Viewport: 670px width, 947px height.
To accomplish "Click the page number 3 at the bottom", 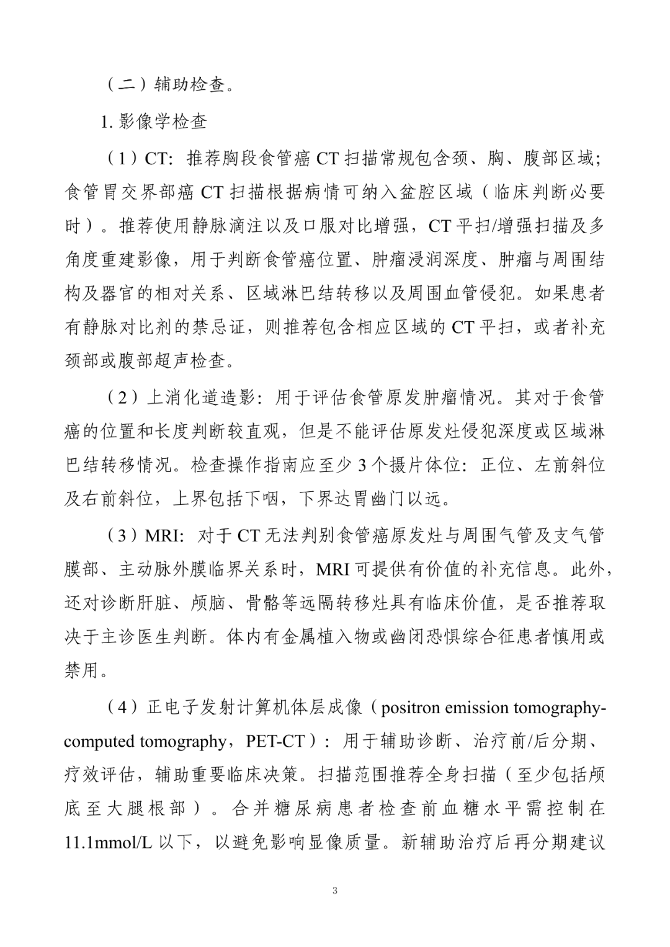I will click(x=335, y=891).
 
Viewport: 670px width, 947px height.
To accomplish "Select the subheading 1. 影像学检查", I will click(x=154, y=122).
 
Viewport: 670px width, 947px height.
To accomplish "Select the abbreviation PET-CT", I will click(x=275, y=742).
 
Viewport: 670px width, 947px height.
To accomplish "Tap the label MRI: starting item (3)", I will click(x=164, y=536).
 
